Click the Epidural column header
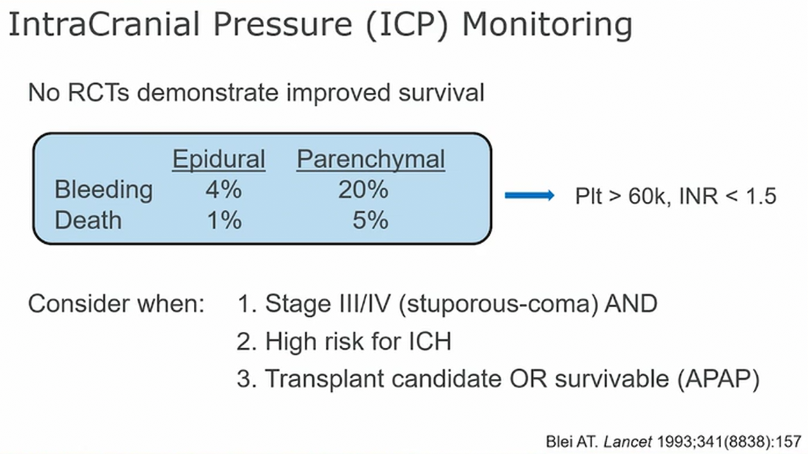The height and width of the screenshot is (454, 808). pos(219,160)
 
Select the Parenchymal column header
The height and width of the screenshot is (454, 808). pos(371,160)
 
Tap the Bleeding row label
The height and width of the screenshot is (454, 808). pos(104,190)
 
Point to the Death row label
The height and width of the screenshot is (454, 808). pos(88,220)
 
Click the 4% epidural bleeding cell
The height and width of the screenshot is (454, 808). pos(224,190)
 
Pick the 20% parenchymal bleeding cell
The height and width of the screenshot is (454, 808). pos(363,190)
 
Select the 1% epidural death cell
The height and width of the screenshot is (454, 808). pos(224,220)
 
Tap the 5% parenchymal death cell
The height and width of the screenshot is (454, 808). pos(370,220)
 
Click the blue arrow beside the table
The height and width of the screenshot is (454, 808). pos(529,195)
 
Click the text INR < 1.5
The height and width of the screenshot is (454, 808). pos(728,196)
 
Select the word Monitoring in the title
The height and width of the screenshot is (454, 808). pos(547,25)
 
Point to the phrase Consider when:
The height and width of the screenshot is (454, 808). pos(116,303)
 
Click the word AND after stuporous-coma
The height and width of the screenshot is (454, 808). pos(631,303)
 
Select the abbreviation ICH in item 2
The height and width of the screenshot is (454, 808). pos(430,342)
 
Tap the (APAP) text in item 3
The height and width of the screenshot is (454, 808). pos(718,379)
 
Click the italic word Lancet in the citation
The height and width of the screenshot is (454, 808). pos(627,441)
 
